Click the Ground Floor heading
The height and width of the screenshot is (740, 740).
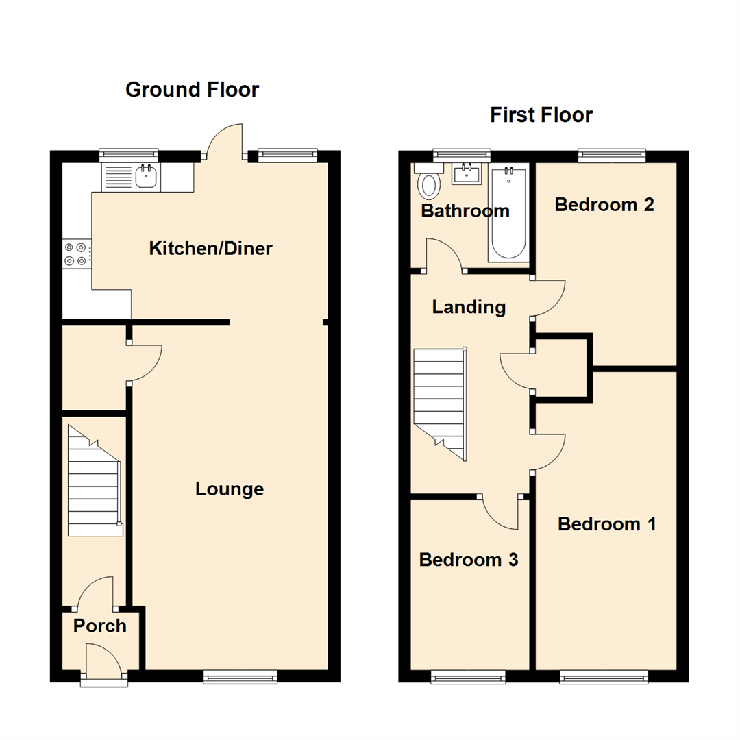point(193,89)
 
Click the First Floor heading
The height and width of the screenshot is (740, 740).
point(541,114)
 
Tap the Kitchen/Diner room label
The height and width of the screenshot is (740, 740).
point(210,248)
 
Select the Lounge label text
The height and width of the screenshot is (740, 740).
point(230,489)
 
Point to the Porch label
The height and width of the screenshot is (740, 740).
point(100,626)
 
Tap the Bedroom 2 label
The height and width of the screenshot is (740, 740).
point(604,204)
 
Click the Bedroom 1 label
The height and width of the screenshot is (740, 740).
point(607,524)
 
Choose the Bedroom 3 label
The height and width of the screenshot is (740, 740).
point(469,560)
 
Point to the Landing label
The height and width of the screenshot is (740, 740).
point(469,308)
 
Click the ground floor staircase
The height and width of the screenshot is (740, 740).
point(95,484)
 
